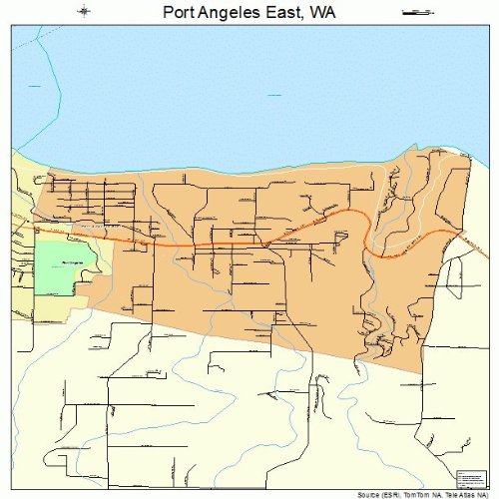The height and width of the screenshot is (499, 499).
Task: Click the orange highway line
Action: (x=200, y=244)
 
